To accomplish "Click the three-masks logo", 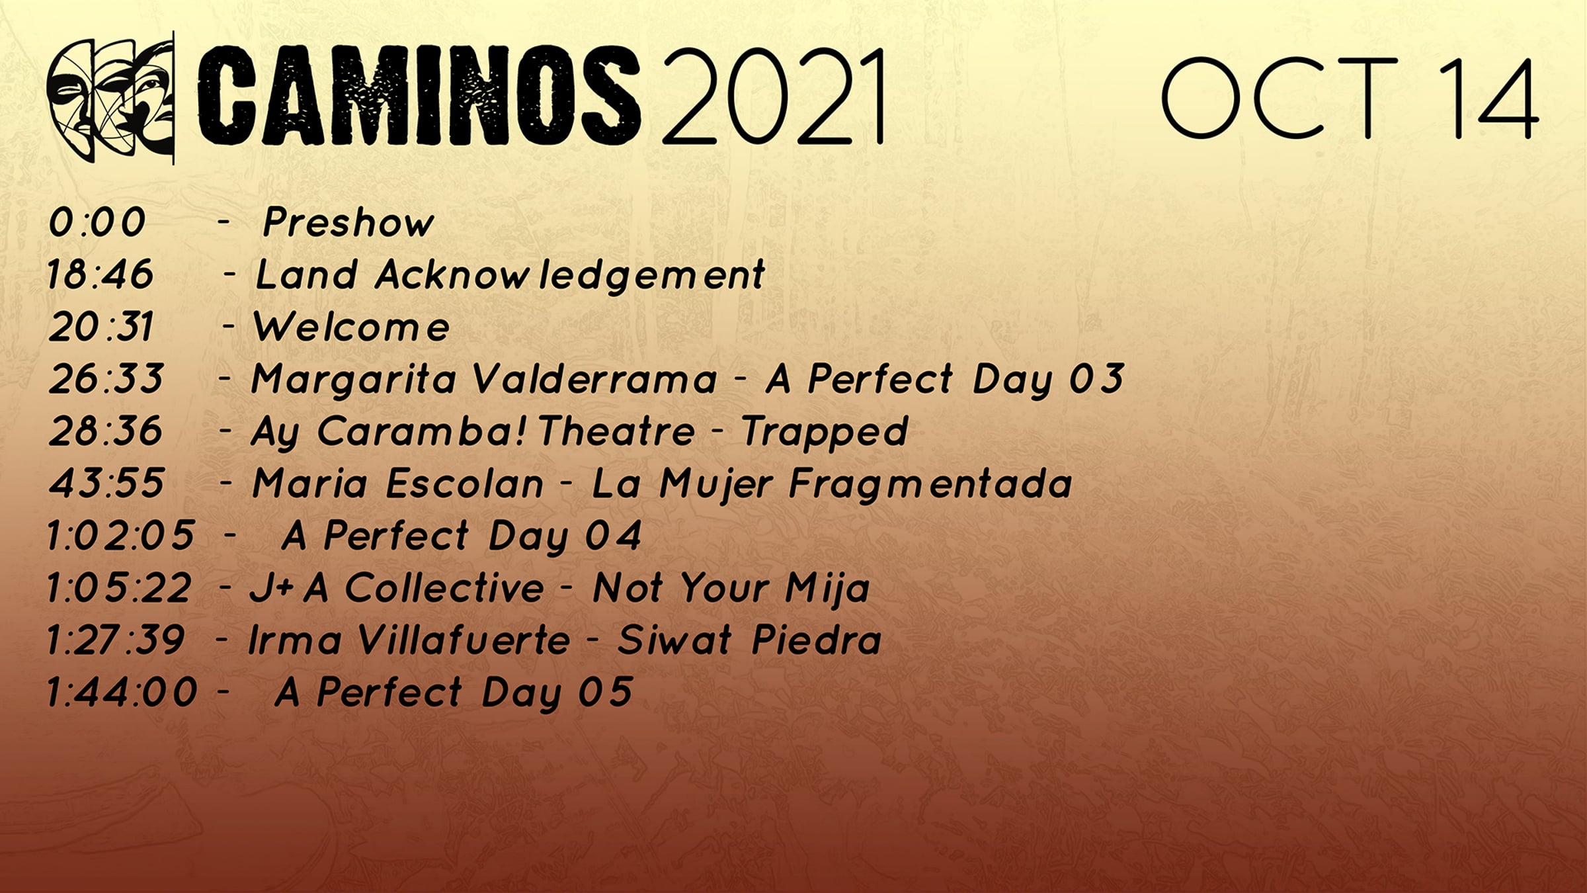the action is [110, 98].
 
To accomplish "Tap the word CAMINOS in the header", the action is [419, 95].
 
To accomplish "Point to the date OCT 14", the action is [1350, 98].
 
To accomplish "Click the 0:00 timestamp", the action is [97, 222].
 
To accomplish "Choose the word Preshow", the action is [348, 222].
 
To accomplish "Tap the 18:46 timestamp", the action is [100, 274].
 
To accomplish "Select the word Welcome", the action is [352, 327].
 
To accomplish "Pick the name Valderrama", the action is [595, 379].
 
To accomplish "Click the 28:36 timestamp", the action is [105, 431].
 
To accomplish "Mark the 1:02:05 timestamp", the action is [120, 535].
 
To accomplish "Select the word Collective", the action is [444, 587].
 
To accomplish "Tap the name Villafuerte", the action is [464, 640].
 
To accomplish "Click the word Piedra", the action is [817, 640].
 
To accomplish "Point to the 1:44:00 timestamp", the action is [121, 692].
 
